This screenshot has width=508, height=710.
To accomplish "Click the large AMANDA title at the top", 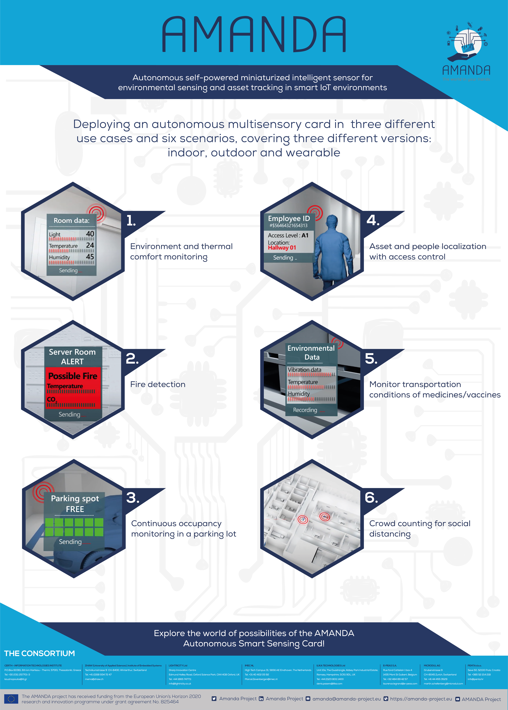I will coord(254,34).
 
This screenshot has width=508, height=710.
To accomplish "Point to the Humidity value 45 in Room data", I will coord(90,257).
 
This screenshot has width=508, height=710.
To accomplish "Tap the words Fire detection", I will coord(158,385).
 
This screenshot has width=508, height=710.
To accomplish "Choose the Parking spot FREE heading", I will coord(75,504).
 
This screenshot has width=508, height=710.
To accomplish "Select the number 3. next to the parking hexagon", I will coord(133,498).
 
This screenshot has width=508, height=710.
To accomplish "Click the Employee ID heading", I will coord(289,219).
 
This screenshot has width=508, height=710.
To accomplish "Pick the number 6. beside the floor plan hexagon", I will coord(371,498).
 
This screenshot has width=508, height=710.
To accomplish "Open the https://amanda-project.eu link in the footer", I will coord(421,699).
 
